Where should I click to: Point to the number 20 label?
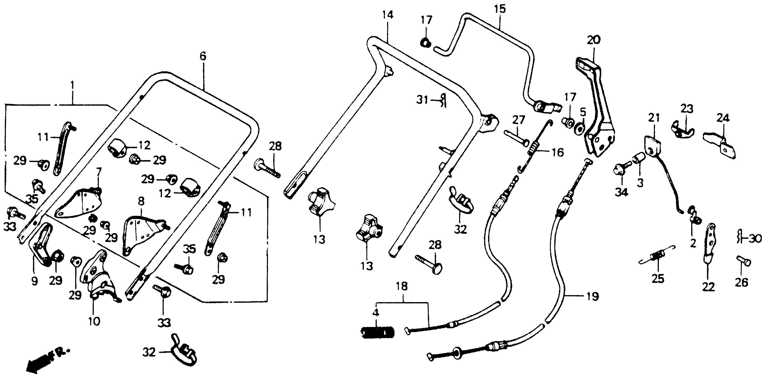594,40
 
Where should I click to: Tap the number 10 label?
94,322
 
